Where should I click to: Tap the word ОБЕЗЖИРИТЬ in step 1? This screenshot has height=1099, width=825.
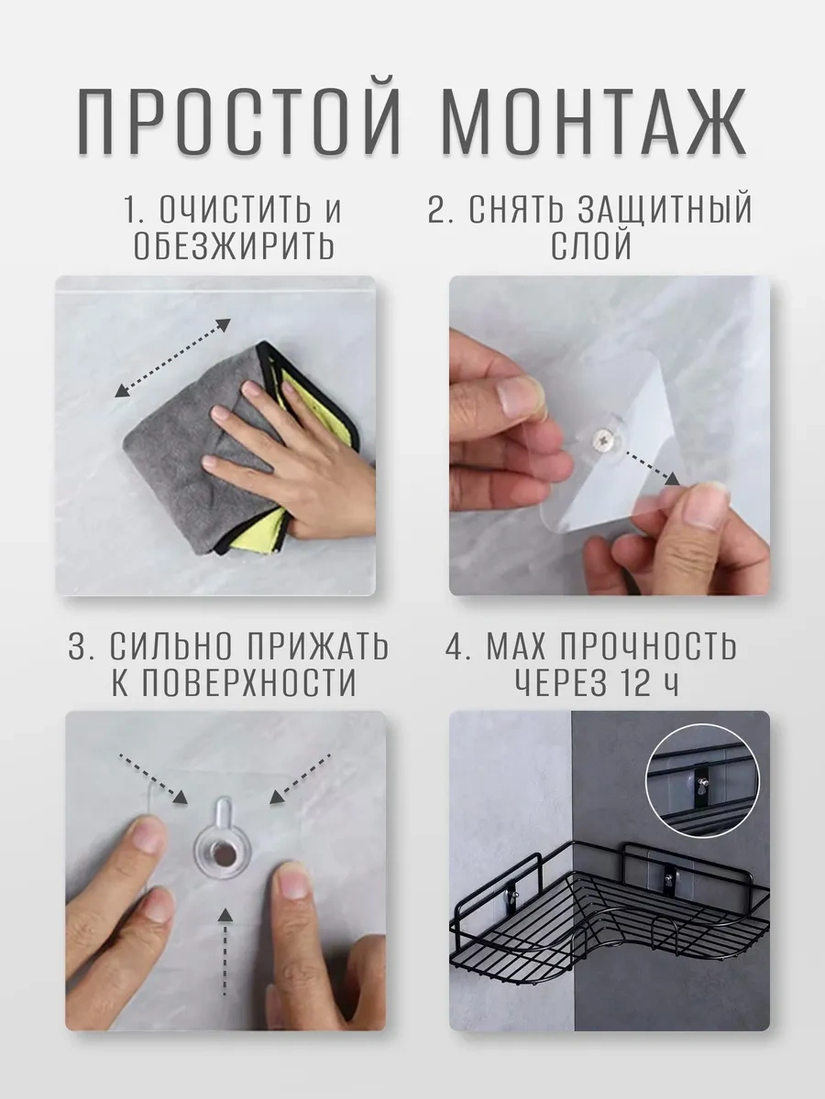click(x=235, y=245)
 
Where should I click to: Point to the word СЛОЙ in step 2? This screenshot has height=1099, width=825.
click(x=591, y=245)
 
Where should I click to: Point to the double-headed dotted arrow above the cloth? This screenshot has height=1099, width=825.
click(x=172, y=358)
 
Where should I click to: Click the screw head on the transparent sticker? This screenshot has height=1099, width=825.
click(x=601, y=441)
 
